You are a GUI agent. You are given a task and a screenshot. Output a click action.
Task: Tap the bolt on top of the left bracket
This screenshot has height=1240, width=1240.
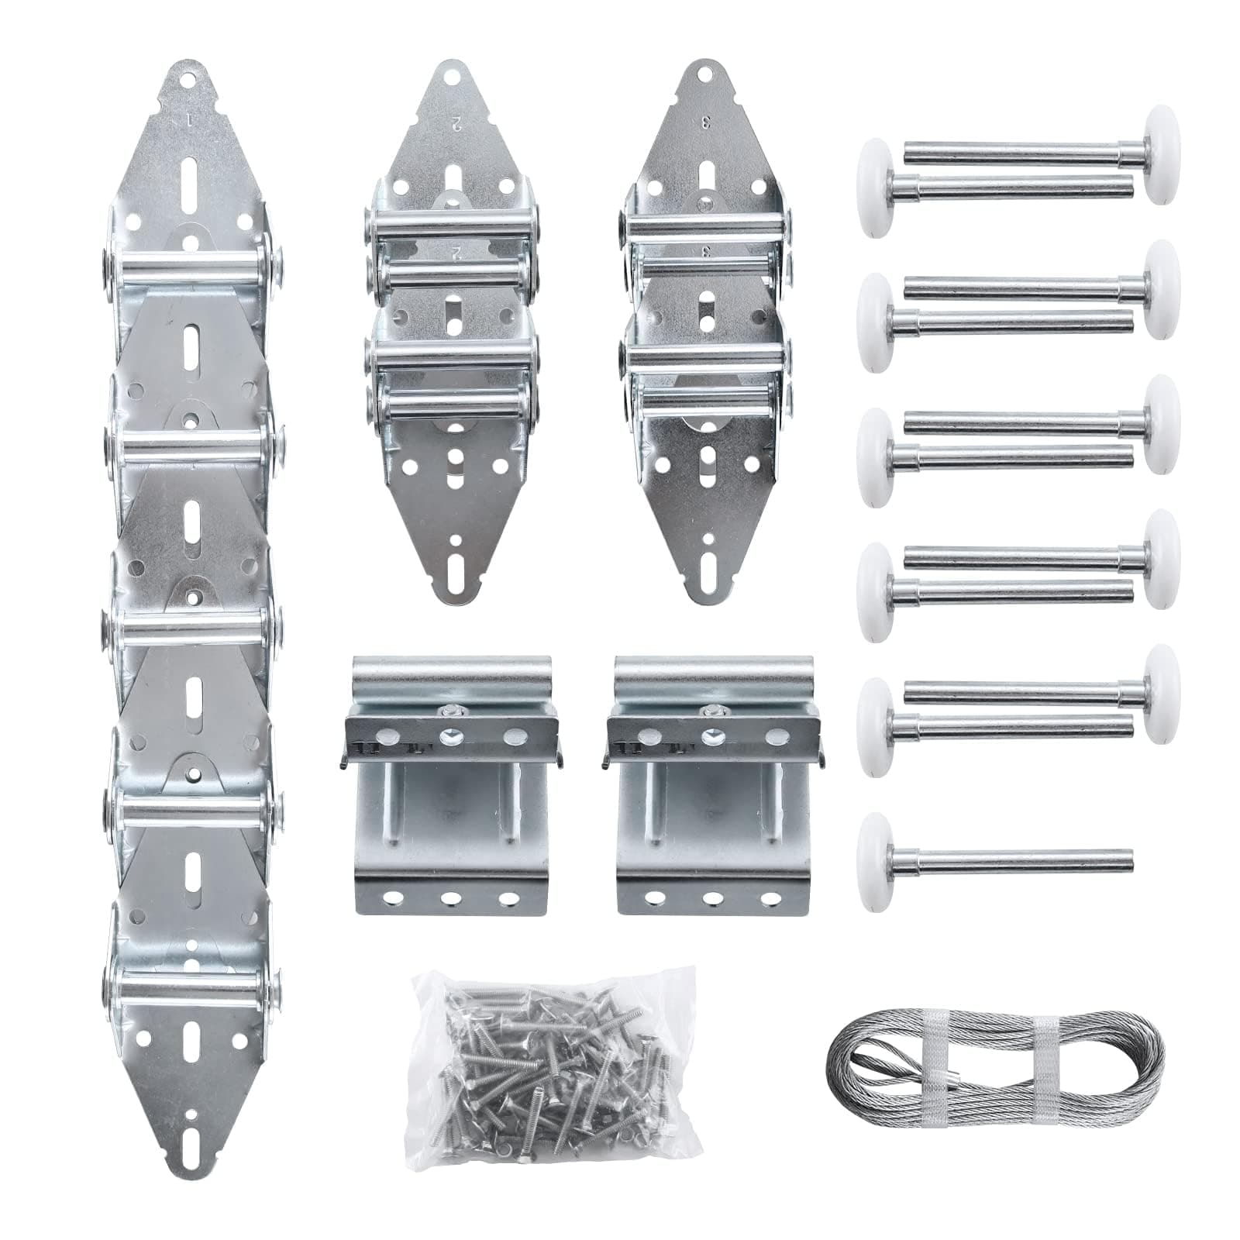(x=447, y=709)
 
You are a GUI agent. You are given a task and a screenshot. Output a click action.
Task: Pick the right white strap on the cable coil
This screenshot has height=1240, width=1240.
(x=1047, y=1062)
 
